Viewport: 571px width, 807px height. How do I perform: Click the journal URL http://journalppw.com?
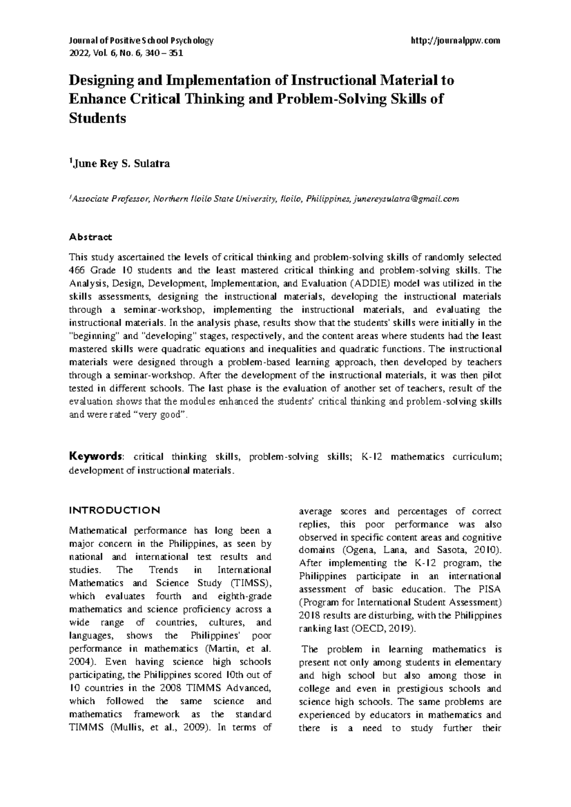pos(455,40)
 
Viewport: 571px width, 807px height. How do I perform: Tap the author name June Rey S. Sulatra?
pos(120,164)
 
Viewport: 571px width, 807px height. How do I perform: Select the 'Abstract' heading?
pos(91,236)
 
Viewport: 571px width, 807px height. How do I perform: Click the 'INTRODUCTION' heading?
pos(115,511)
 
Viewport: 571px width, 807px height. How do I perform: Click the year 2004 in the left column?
pos(79,661)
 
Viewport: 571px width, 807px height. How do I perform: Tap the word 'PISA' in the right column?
pos(490,590)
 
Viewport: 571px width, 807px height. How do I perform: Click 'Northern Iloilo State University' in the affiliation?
pos(212,199)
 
